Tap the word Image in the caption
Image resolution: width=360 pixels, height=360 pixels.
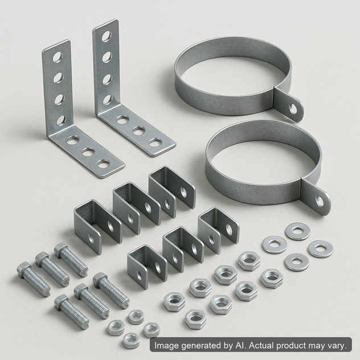click(169, 346)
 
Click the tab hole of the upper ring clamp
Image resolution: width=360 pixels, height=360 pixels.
click(293, 108)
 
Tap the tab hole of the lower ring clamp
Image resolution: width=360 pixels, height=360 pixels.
click(321, 200)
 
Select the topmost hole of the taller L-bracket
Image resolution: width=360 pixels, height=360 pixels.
click(107, 36)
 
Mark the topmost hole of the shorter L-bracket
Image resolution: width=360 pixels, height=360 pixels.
click(58, 57)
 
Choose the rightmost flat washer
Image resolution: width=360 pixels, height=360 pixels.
click(320, 249)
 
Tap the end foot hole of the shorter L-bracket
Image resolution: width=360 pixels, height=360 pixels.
click(103, 164)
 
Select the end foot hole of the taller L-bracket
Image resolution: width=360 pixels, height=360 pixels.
click(155, 142)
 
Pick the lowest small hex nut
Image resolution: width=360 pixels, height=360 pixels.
click(131, 340)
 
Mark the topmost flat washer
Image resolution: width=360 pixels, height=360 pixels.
click(297, 231)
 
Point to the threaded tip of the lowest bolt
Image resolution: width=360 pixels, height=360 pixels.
click(83, 322)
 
